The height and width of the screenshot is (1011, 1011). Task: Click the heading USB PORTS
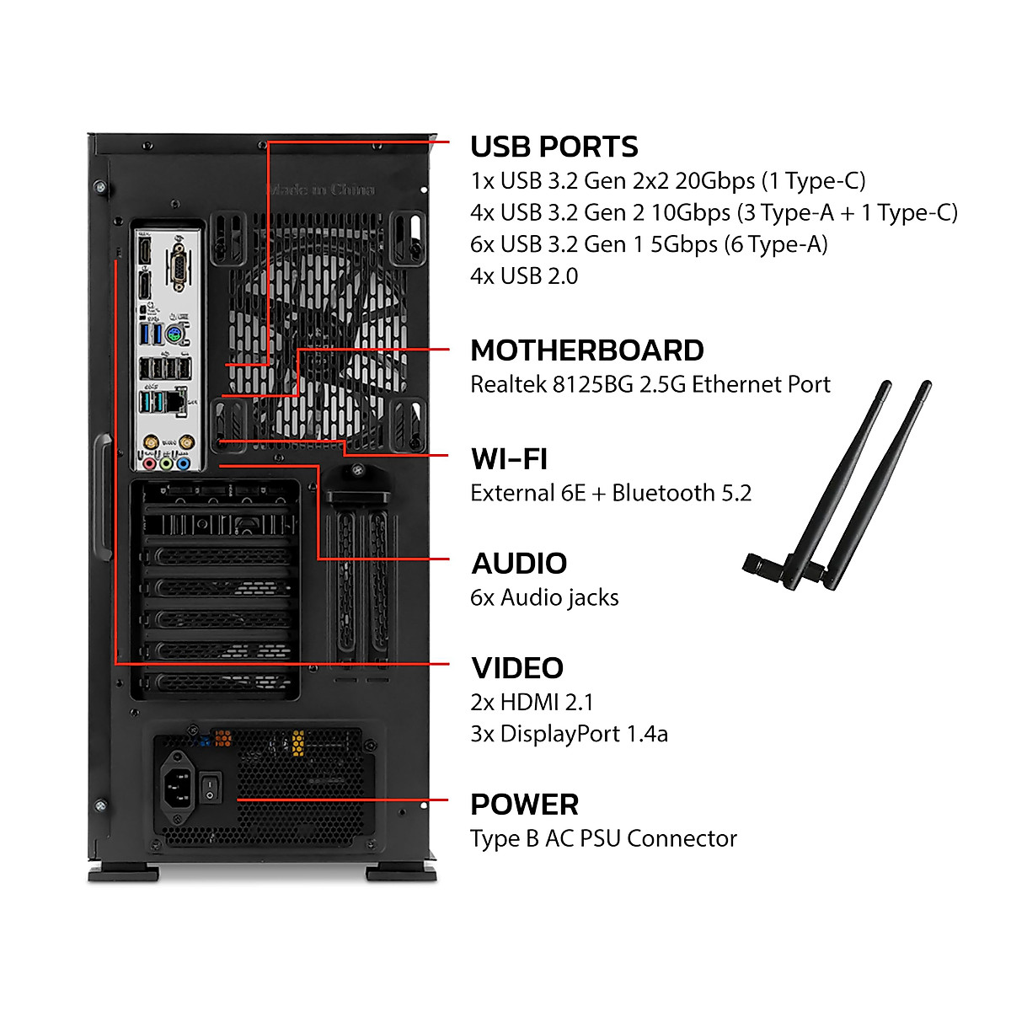[x=554, y=147]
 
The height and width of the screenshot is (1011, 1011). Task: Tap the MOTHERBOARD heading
[x=586, y=350]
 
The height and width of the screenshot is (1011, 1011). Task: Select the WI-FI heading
[x=509, y=459]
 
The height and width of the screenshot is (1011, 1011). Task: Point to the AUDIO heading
[x=519, y=564]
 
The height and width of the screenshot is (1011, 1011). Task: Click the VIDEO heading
[x=517, y=668]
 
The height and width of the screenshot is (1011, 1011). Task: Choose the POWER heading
[x=524, y=805]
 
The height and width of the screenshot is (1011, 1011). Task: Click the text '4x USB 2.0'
[x=524, y=276]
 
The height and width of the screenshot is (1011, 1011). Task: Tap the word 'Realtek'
[x=508, y=385]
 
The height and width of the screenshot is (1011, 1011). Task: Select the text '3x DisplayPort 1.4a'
[x=569, y=734]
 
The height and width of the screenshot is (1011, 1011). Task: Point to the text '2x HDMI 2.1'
[x=532, y=702]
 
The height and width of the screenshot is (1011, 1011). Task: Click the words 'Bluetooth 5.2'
[x=682, y=493]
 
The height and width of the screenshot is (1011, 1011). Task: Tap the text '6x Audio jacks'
[x=544, y=597]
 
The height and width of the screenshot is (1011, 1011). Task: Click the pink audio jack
[x=150, y=463]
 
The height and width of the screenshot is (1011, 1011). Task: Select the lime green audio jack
[x=167, y=463]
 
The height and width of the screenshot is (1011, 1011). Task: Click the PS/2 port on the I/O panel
[x=175, y=335]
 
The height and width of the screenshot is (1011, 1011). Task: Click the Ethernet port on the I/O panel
[x=175, y=401]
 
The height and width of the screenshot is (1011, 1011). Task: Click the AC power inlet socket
[x=178, y=789]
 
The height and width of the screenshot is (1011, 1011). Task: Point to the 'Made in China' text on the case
[x=321, y=190]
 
